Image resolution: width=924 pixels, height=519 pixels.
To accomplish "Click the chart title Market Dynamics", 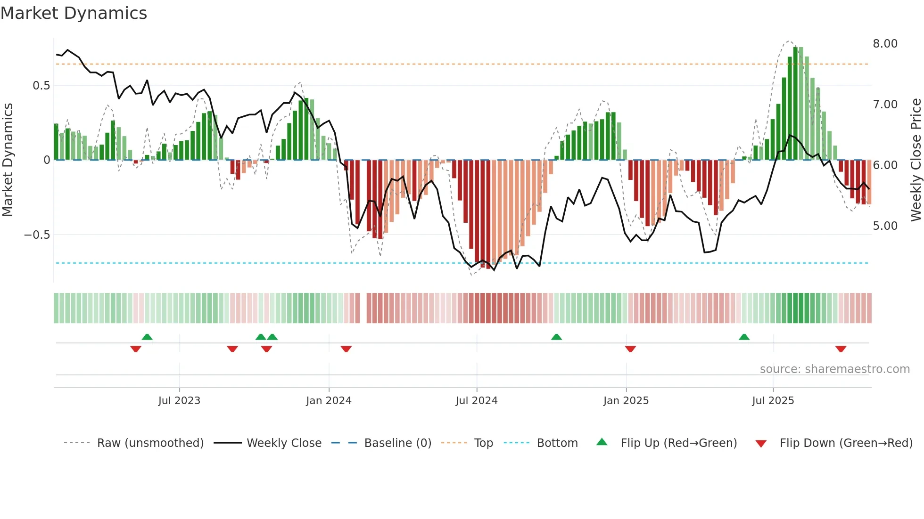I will click(x=74, y=13).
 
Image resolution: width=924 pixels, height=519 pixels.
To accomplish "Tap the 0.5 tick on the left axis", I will click(x=41, y=86).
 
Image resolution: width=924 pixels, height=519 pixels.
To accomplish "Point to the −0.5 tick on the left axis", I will click(x=37, y=235).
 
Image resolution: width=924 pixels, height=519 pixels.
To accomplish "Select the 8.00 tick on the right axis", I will click(x=885, y=44).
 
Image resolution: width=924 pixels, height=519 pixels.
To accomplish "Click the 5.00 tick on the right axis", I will click(x=885, y=226).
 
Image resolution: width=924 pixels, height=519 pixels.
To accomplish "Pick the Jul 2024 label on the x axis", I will click(x=476, y=401).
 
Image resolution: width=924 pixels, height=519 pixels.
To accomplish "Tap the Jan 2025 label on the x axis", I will click(x=626, y=401).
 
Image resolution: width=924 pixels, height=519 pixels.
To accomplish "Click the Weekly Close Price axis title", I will click(x=916, y=160).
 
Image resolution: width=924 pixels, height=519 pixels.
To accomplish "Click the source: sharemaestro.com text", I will click(x=834, y=369).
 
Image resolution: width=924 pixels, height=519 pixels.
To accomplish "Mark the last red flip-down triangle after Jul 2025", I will click(x=841, y=349).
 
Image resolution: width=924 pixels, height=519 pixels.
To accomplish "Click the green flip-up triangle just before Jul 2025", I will click(x=744, y=337).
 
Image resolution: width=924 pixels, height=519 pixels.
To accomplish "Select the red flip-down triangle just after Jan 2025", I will click(x=630, y=349).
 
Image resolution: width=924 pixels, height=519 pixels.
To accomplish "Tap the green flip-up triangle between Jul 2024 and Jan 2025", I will click(x=556, y=337).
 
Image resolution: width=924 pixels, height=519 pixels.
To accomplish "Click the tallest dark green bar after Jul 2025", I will click(x=795, y=104).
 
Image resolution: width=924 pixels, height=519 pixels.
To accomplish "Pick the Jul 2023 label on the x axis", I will click(x=179, y=401).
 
